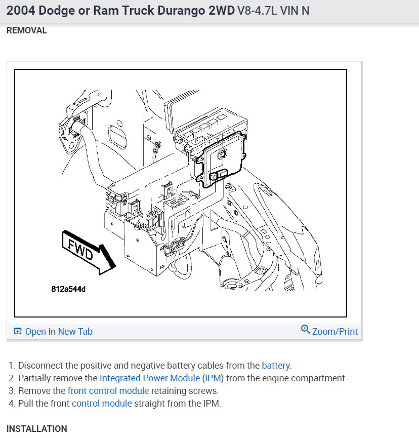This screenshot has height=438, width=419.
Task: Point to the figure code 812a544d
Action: point(68,290)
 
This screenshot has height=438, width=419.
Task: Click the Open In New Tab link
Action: point(59,332)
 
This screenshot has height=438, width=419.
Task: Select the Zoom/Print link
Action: point(334,332)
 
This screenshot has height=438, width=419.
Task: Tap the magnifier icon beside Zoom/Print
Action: point(305,330)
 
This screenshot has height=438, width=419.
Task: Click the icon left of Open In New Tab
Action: point(18,332)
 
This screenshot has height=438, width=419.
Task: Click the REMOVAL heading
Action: point(26,30)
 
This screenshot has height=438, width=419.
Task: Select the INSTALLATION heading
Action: point(36,429)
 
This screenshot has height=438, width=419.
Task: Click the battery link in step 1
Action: point(275,365)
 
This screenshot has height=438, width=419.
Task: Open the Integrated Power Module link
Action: point(150,378)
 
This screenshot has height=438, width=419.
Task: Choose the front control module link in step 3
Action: point(108,390)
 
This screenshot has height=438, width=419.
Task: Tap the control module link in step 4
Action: point(102,404)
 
